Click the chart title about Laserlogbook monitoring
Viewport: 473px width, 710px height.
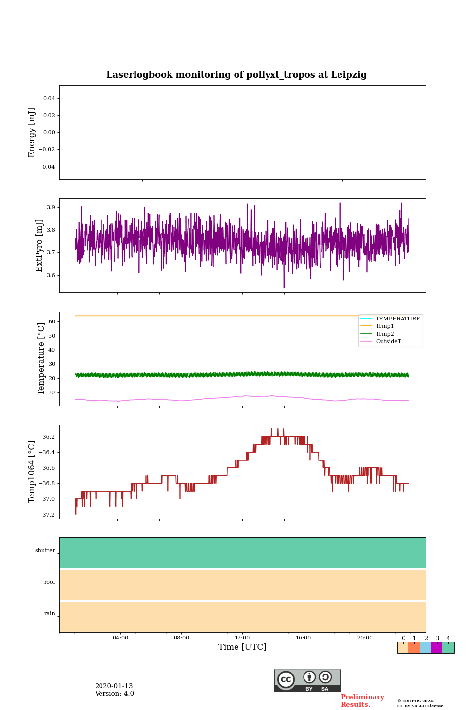[x=236, y=75]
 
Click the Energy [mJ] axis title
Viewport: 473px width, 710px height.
[x=32, y=133]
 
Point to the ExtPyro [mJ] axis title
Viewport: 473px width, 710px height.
[x=40, y=246]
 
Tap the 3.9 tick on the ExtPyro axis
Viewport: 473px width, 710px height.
[x=51, y=207]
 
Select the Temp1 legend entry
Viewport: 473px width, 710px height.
[x=385, y=326]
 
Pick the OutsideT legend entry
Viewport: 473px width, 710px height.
[x=388, y=341]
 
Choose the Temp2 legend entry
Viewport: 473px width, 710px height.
[x=385, y=334]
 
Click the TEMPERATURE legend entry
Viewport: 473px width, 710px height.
[x=398, y=319]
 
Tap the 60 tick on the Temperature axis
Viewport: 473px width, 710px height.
[x=51, y=321]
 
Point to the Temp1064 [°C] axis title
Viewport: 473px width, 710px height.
[x=32, y=472]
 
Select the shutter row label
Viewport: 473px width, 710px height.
[x=45, y=551]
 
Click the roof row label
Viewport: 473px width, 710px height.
[x=50, y=582]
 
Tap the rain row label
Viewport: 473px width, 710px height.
[x=50, y=614]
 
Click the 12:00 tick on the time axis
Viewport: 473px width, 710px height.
[x=242, y=638]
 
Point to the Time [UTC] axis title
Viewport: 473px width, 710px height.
[x=242, y=647]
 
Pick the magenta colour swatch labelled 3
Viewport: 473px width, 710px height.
[x=437, y=648]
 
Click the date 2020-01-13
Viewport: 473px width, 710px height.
[x=114, y=686]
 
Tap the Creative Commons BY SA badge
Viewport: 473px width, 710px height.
[x=307, y=680]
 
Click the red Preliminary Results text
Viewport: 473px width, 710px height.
[x=362, y=701]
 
